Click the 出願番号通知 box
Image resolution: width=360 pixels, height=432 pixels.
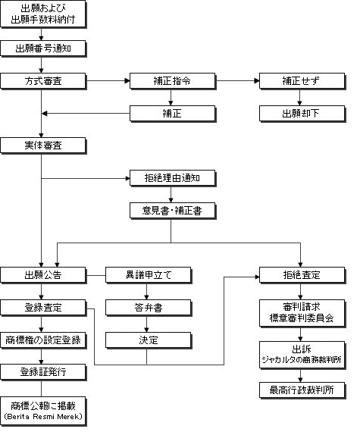[43, 49]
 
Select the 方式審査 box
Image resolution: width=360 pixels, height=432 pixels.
[43, 81]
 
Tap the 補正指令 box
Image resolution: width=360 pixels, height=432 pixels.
[173, 81]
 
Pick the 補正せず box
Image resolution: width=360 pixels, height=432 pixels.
[302, 81]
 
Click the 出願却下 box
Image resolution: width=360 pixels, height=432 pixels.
[302, 114]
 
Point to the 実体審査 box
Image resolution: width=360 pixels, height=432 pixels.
[43, 146]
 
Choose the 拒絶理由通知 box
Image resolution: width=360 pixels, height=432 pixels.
[173, 178]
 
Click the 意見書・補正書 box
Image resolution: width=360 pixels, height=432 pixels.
[173, 211]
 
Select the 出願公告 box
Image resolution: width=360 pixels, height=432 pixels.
[43, 275]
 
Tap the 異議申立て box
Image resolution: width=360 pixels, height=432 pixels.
[149, 275]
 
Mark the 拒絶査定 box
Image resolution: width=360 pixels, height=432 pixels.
[302, 275]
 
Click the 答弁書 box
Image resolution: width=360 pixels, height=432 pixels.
[149, 308]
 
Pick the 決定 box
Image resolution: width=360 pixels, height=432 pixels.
[149, 340]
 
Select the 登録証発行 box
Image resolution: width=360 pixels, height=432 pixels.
[43, 372]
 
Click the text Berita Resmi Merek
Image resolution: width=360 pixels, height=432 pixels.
[43, 417]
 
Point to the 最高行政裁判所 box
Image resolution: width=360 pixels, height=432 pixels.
[302, 390]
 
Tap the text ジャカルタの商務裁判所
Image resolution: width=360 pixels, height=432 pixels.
[302, 359]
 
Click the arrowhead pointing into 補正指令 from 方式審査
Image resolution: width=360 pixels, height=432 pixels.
[127, 81]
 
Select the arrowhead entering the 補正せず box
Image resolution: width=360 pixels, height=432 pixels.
[257, 81]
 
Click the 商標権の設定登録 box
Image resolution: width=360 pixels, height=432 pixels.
[43, 340]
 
